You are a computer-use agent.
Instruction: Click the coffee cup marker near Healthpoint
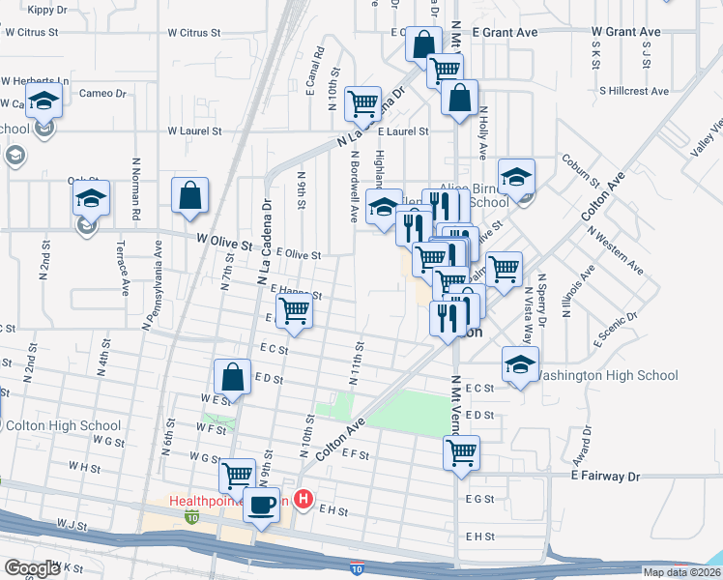(x=260, y=505)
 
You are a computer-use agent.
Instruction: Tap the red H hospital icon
(x=304, y=500)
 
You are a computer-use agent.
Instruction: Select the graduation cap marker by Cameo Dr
(x=43, y=101)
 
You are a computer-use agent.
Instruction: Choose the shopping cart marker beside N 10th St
(x=362, y=102)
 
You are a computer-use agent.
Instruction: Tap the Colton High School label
(x=63, y=425)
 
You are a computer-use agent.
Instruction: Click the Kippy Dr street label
(x=47, y=10)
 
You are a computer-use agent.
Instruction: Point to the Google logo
(x=32, y=568)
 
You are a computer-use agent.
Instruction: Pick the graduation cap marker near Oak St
(x=90, y=200)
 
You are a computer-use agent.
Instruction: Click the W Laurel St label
(x=194, y=130)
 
